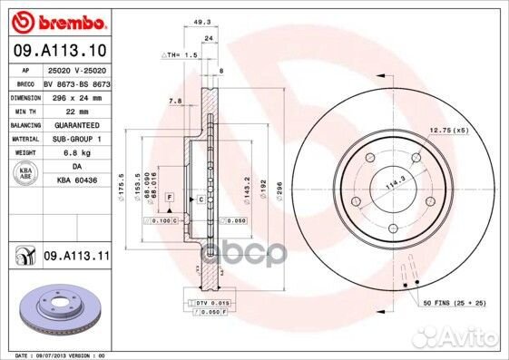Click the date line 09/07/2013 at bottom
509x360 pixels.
click(54, 355)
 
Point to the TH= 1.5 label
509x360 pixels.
click(181, 56)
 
